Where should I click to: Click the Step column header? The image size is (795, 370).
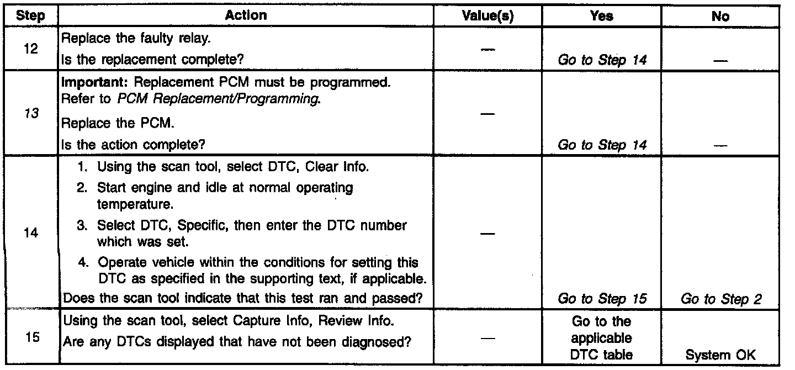pos(31,17)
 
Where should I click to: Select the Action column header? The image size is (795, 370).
pos(246,17)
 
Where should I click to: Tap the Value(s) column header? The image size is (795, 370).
pos(487,17)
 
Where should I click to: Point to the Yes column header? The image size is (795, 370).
pos(601,17)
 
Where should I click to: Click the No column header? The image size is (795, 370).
pos(720,17)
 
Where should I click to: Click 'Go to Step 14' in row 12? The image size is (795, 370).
pos(602,60)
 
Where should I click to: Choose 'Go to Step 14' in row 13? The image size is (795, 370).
pos(602,146)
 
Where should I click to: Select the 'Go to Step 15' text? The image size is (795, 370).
pos(602,299)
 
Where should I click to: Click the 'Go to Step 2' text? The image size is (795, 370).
pos(721,299)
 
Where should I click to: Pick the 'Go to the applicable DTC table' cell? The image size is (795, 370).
pos(601,339)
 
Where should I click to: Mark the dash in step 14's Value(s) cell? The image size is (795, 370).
pos(487,234)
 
